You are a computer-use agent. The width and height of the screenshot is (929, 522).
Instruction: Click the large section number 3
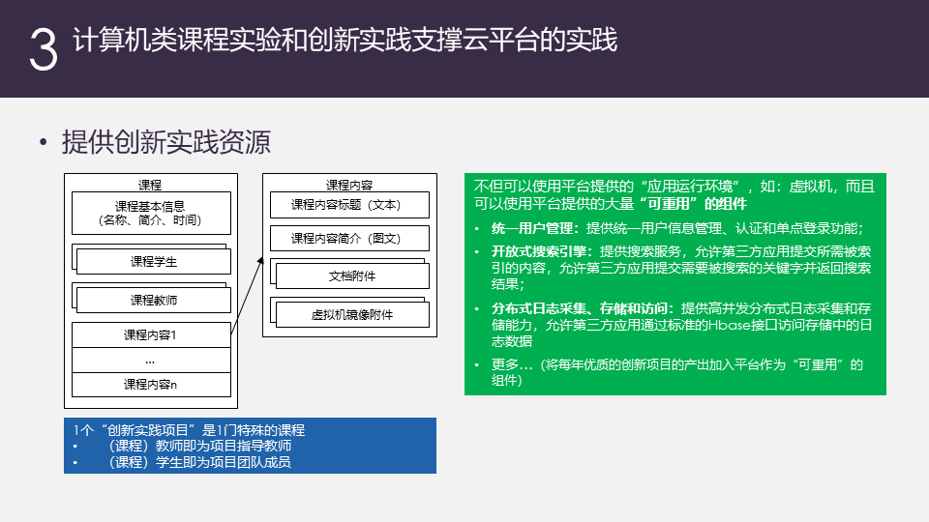click(x=44, y=49)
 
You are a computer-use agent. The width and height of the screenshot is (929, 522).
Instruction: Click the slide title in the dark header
click(x=345, y=40)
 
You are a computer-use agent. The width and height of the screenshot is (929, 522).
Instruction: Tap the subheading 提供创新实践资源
click(x=166, y=142)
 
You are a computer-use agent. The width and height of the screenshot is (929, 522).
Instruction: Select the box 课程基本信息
click(x=151, y=213)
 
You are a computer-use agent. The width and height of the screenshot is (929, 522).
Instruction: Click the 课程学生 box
click(x=154, y=262)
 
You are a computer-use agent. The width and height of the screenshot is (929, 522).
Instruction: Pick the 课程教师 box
click(x=154, y=300)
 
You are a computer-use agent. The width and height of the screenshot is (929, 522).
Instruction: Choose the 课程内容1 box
click(x=151, y=335)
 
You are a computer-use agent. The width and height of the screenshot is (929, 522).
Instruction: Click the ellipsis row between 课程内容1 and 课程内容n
click(x=151, y=360)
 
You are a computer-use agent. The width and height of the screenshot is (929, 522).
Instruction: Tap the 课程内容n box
click(x=151, y=385)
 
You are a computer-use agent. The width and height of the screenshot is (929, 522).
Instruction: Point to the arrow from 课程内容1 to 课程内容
click(x=247, y=296)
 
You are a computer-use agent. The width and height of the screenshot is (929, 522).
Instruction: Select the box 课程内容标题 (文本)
click(x=349, y=205)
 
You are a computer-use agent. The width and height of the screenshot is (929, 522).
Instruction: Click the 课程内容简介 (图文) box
click(x=349, y=238)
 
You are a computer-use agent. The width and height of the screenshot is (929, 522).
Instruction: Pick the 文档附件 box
click(x=352, y=275)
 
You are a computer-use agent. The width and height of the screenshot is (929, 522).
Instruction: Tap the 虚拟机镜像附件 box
click(x=352, y=315)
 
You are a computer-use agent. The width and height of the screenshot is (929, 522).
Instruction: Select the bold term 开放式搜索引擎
click(x=539, y=251)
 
